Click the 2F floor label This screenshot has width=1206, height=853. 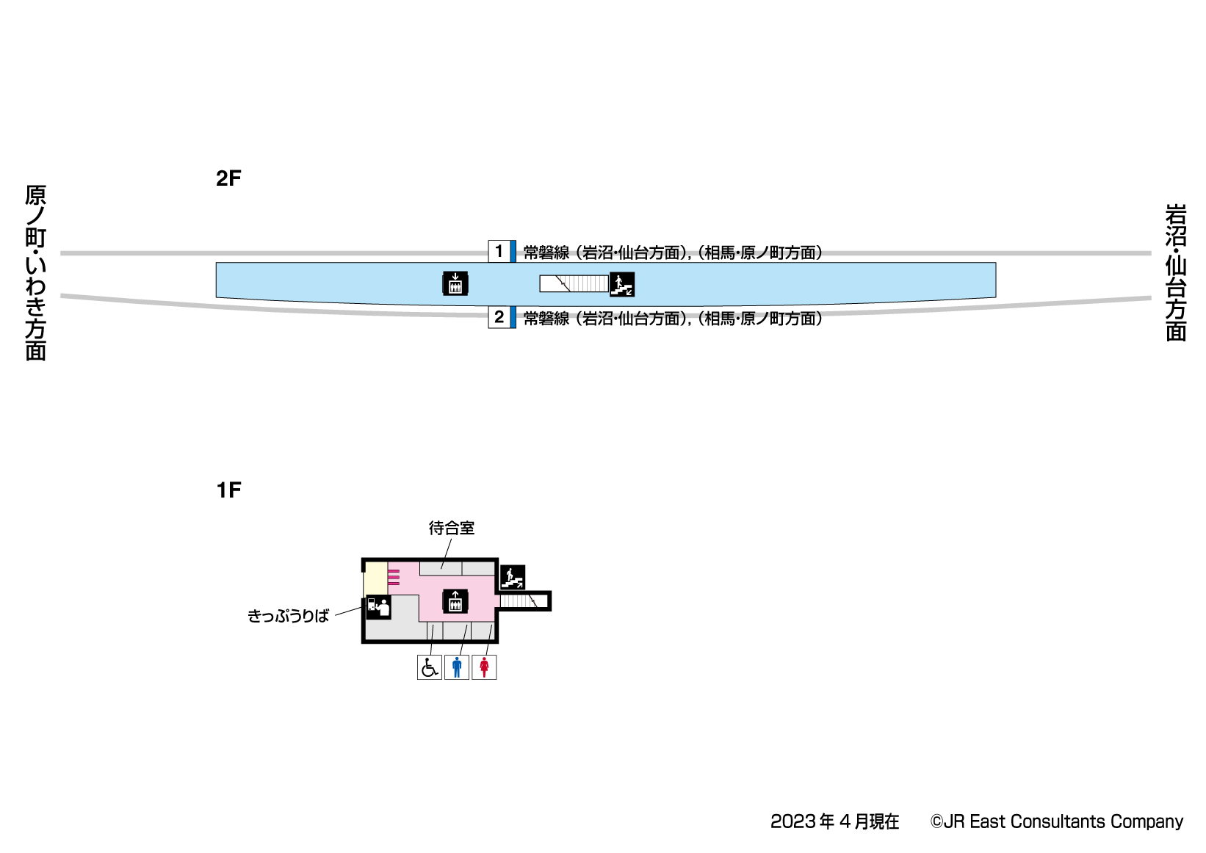point(228,178)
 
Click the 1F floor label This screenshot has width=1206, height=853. point(228,490)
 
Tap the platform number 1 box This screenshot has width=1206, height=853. point(499,251)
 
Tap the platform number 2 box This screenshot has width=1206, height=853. point(499,317)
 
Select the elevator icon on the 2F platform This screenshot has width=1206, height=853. point(455,283)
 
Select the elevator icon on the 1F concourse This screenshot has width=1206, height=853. point(455,601)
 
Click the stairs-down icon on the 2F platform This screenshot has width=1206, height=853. point(622,284)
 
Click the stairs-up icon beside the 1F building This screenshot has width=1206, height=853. point(513,578)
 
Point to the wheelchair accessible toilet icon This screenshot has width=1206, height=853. point(430,667)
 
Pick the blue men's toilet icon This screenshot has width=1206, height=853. point(457,667)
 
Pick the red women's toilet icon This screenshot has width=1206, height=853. point(484,667)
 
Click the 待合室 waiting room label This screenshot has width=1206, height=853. point(452,528)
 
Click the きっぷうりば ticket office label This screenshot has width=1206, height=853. point(288,616)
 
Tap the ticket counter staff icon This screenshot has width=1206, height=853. point(378,607)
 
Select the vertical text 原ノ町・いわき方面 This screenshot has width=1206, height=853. point(35,272)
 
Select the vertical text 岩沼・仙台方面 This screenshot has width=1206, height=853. point(1176,272)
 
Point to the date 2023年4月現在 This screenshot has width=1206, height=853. point(834,821)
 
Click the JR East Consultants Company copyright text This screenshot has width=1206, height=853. point(1057,821)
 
